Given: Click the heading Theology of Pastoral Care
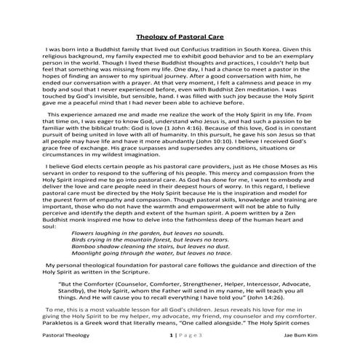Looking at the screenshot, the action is [x=180, y=36].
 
